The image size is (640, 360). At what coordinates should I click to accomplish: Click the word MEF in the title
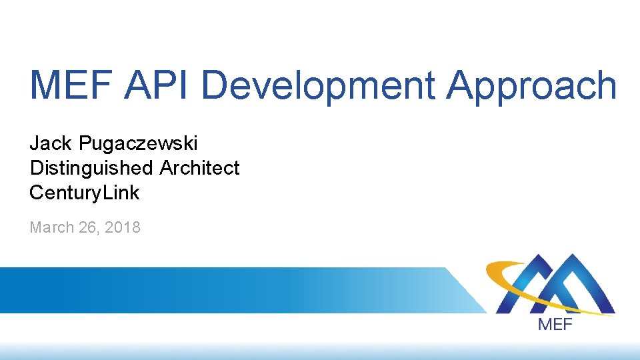(x=70, y=86)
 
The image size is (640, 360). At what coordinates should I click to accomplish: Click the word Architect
(x=199, y=168)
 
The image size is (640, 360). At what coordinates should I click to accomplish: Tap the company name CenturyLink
(x=84, y=193)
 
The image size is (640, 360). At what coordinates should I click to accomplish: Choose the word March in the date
(x=52, y=227)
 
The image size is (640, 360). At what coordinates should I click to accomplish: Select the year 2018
(x=123, y=227)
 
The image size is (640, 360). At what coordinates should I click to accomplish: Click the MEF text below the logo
(x=555, y=325)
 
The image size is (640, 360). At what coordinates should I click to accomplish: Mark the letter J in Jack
(x=34, y=143)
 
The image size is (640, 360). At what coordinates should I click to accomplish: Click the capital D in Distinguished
(x=35, y=168)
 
